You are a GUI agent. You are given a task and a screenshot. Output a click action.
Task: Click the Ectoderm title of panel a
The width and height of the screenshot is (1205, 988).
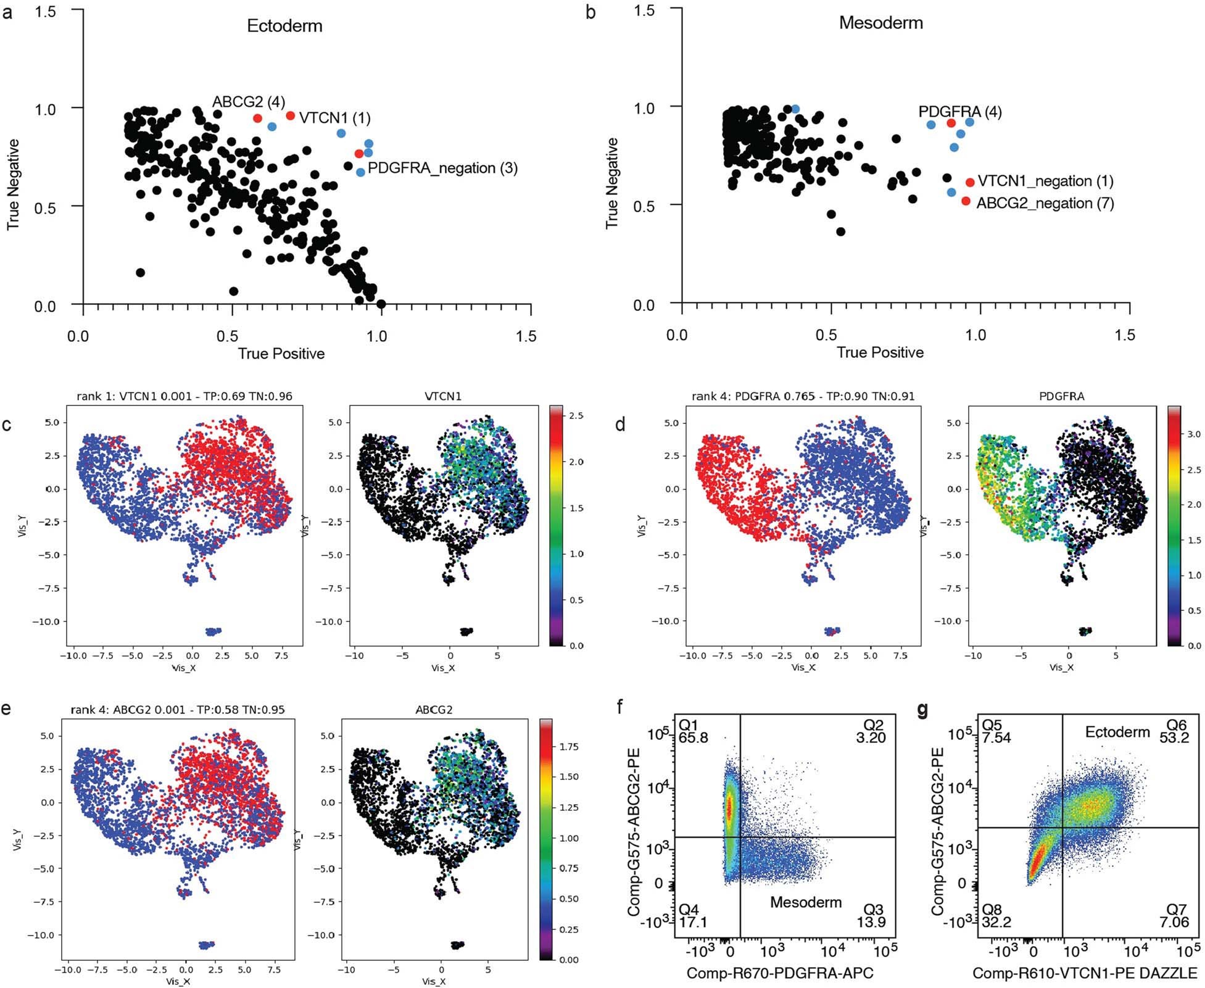pyautogui.click(x=284, y=26)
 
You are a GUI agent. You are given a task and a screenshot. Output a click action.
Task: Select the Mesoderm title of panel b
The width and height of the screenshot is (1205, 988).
pyautogui.click(x=880, y=23)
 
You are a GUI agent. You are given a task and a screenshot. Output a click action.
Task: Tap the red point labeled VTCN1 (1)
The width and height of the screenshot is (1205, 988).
pyautogui.click(x=291, y=115)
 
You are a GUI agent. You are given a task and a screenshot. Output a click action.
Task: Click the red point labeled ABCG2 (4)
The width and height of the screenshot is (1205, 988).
pyautogui.click(x=257, y=118)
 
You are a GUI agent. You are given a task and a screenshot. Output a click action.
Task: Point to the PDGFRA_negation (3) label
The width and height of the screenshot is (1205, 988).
pyautogui.click(x=442, y=168)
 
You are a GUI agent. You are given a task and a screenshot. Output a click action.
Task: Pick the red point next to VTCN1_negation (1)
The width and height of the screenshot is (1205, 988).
pyautogui.click(x=969, y=182)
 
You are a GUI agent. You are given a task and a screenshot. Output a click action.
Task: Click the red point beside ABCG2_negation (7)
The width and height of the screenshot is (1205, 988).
pyautogui.click(x=966, y=201)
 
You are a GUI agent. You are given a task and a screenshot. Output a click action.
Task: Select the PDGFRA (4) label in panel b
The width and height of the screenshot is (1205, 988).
pyautogui.click(x=959, y=112)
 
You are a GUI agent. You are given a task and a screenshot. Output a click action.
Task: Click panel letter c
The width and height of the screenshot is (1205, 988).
pyautogui.click(x=6, y=425)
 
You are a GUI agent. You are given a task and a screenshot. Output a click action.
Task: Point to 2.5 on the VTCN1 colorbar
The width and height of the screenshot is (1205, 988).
pyautogui.click(x=576, y=416)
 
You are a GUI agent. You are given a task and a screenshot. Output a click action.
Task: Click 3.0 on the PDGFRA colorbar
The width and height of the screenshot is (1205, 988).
pyautogui.click(x=1194, y=434)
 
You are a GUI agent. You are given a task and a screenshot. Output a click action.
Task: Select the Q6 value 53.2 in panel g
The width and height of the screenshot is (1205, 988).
pyautogui.click(x=1174, y=737)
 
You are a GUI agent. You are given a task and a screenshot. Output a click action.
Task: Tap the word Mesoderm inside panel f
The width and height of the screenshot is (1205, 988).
pyautogui.click(x=806, y=902)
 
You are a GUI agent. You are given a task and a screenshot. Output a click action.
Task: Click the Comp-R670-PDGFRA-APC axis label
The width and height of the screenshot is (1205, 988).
pyautogui.click(x=780, y=973)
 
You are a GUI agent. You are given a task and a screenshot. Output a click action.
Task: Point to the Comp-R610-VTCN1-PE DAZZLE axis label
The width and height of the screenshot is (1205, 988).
pyautogui.click(x=1085, y=973)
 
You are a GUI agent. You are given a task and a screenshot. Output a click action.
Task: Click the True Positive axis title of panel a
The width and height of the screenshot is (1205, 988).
pyautogui.click(x=281, y=354)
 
